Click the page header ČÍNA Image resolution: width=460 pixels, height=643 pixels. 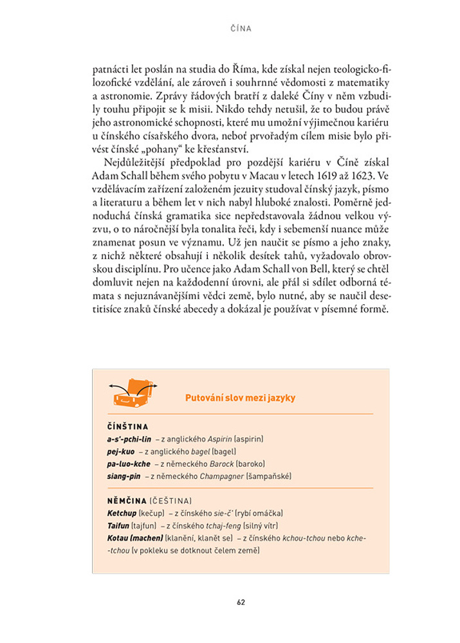tap(241, 28)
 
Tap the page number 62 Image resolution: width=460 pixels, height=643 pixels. tap(241, 602)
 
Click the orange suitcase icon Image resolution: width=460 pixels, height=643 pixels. tap(133, 393)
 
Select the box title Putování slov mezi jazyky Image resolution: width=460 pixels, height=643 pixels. tap(240, 398)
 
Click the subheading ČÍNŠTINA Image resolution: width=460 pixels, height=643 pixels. tap(128, 426)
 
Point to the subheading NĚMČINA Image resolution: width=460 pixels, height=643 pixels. tap(127, 501)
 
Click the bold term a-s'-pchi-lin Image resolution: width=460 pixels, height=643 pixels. tap(129, 439)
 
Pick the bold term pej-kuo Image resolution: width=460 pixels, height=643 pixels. tap(120, 451)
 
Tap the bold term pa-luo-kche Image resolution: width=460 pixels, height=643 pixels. tap(129, 464)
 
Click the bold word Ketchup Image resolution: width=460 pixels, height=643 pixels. tap(122, 513)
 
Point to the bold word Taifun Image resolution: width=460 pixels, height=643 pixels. tap(118, 525)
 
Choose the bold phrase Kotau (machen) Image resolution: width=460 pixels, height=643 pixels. tap(134, 538)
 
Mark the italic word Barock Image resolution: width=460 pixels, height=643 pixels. tap(222, 464)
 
